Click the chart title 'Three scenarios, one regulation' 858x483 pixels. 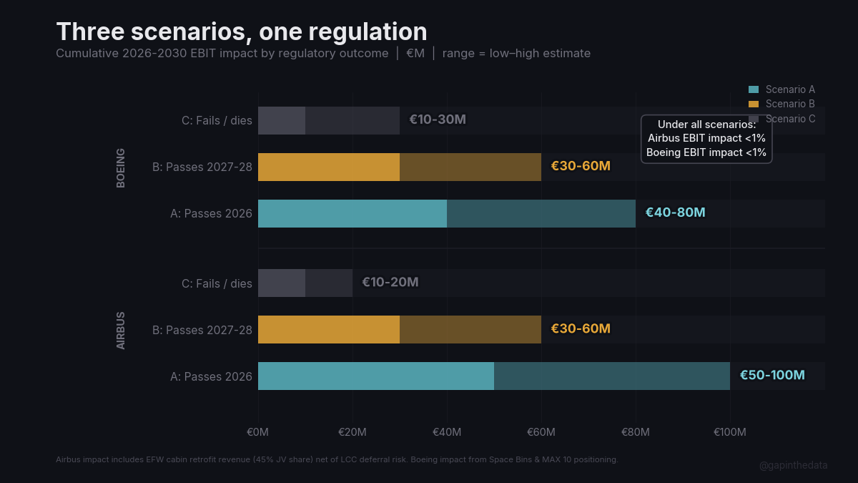click(x=242, y=31)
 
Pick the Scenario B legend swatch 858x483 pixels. click(x=753, y=104)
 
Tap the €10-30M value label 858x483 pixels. click(x=437, y=119)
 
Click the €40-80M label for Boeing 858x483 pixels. click(x=675, y=213)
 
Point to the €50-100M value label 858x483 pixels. click(x=772, y=375)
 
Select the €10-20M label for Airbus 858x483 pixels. click(x=390, y=282)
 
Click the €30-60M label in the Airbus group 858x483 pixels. click(x=580, y=328)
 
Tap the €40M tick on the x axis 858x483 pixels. click(x=447, y=432)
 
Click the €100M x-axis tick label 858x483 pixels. click(x=729, y=432)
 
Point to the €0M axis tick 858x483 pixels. click(x=258, y=432)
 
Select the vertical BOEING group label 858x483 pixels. click(x=121, y=167)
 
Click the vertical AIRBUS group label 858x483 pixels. click(x=121, y=330)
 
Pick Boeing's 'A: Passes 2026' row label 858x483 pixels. click(x=211, y=213)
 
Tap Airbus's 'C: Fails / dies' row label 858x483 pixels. click(x=217, y=283)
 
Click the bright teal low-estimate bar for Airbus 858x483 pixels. click(x=375, y=376)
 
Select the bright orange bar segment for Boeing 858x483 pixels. click(x=328, y=167)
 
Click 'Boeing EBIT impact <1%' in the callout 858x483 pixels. click(x=706, y=152)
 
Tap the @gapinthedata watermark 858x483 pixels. click(x=793, y=465)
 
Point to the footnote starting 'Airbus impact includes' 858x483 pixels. click(x=337, y=459)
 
